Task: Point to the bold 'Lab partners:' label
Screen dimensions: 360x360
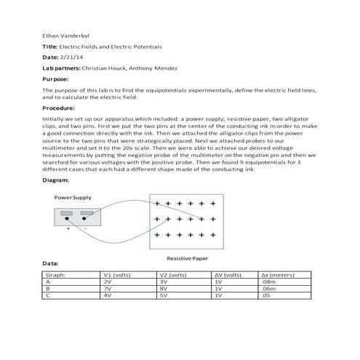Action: pyautogui.click(x=61, y=68)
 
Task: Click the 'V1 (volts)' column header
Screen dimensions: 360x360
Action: pyautogui.click(x=118, y=275)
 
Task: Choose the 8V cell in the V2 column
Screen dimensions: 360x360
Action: pyautogui.click(x=163, y=289)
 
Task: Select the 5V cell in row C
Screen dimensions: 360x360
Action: pyautogui.click(x=163, y=296)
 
